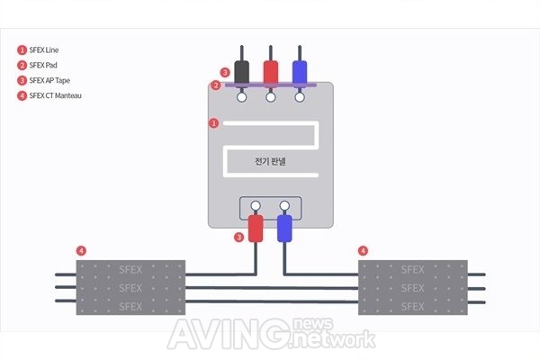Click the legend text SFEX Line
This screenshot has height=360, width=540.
(44, 50)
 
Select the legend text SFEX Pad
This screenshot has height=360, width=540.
(43, 65)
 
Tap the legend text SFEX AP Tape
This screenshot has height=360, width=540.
(49, 80)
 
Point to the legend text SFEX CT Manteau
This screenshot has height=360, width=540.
(56, 95)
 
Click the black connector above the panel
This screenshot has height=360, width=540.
(242, 72)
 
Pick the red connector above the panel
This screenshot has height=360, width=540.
(271, 72)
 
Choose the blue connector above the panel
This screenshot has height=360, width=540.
(300, 72)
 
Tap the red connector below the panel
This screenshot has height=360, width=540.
(256, 229)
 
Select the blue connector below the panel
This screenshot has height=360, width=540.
(284, 229)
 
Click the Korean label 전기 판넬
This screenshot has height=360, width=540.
(270, 161)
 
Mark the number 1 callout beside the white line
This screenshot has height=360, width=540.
(214, 123)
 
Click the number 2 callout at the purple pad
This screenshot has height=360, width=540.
(216, 85)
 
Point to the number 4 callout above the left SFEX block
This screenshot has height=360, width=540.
(81, 251)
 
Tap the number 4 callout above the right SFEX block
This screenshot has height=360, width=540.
(363, 251)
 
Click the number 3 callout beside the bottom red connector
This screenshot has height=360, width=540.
(239, 237)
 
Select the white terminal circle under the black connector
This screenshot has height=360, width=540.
(242, 97)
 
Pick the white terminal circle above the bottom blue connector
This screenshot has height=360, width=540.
(284, 206)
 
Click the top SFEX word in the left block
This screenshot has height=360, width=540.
(130, 269)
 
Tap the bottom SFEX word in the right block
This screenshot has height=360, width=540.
(412, 307)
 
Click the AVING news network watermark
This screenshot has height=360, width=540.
(272, 334)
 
